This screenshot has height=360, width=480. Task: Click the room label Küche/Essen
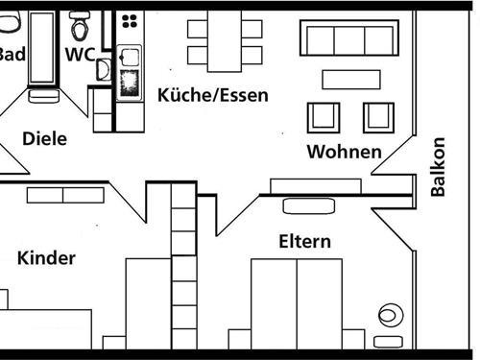[212, 95]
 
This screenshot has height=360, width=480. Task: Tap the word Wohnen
[344, 152]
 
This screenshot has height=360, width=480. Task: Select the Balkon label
[438, 167]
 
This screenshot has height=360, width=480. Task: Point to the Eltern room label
[305, 241]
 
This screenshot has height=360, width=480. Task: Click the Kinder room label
[46, 257]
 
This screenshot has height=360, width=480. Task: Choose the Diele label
[44, 139]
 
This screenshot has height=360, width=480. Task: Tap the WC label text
[80, 54]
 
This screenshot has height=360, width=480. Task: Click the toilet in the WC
[80, 21]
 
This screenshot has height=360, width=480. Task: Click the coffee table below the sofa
[350, 79]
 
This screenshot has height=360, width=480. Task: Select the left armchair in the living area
[324, 117]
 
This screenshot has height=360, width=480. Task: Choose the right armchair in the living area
[378, 117]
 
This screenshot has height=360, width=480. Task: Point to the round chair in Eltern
[390, 315]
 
